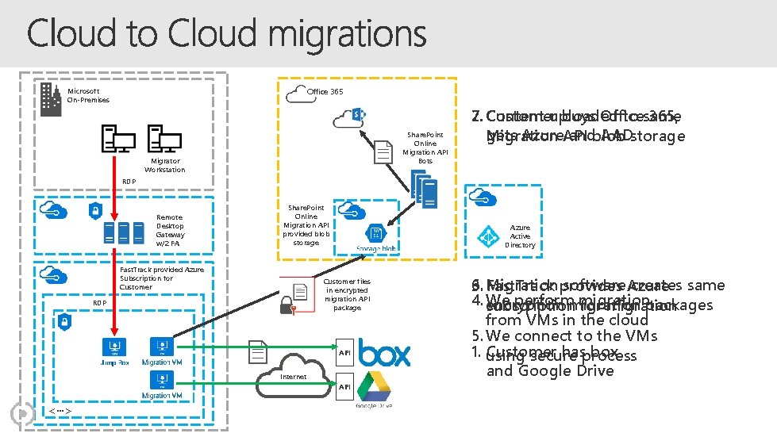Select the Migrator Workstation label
(x=164, y=165)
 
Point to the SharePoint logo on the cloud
(x=357, y=116)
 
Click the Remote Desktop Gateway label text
(x=169, y=230)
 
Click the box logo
(x=384, y=353)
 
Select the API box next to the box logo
(x=344, y=353)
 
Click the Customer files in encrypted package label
(x=347, y=294)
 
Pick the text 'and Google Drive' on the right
(x=549, y=371)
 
